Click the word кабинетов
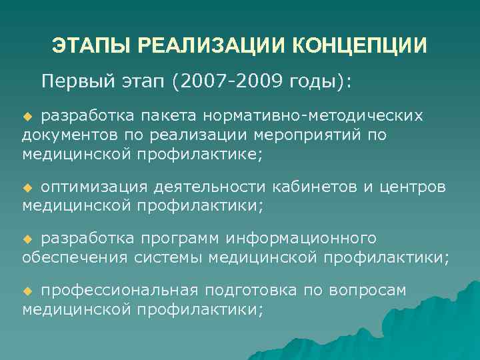tap(313, 187)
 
